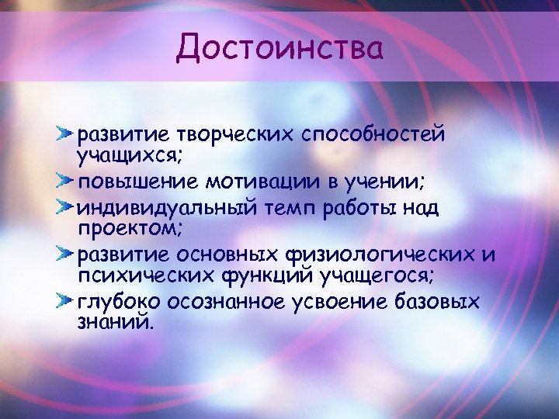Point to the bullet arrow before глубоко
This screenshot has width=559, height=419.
tap(65, 300)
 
